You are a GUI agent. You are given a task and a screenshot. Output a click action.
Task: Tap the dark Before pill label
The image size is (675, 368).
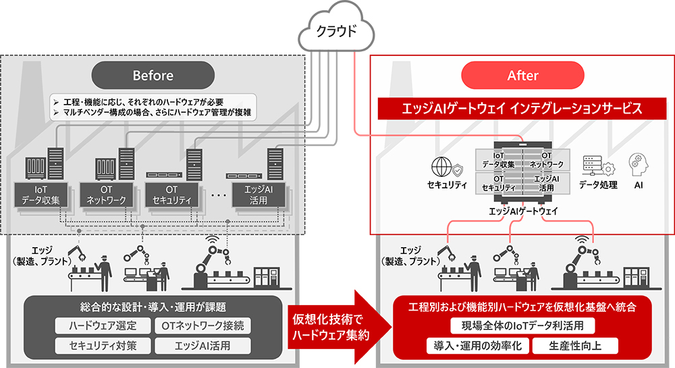click(153, 75)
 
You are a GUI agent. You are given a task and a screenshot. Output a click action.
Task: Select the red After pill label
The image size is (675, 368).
click(522, 75)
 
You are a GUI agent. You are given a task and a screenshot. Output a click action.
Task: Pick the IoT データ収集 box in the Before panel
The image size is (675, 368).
click(41, 194)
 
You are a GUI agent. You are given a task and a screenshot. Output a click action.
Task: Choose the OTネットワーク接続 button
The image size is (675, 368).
click(203, 325)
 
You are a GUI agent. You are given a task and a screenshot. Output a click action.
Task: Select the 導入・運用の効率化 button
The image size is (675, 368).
click(477, 346)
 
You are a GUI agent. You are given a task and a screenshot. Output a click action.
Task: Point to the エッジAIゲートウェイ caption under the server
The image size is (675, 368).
click(523, 212)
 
